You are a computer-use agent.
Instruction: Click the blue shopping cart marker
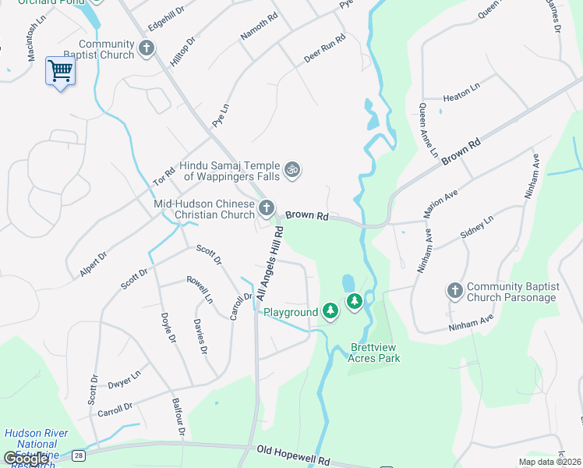pyautogui.click(x=60, y=71)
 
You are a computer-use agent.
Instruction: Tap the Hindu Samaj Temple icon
pyautogui.click(x=292, y=169)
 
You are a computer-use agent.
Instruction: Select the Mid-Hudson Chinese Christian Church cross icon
pyautogui.click(x=267, y=207)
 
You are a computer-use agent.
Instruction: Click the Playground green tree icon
pyautogui.click(x=330, y=312)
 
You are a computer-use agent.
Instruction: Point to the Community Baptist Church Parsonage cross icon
pyautogui.click(x=455, y=290)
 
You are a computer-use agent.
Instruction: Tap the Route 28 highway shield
pyautogui.click(x=78, y=454)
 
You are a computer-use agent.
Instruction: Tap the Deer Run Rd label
pyautogui.click(x=324, y=49)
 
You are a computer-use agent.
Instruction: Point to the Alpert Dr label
pyautogui.click(x=93, y=264)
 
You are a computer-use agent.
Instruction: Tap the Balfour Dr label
pyautogui.click(x=178, y=418)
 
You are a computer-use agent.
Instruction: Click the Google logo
pyautogui.click(x=26, y=459)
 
